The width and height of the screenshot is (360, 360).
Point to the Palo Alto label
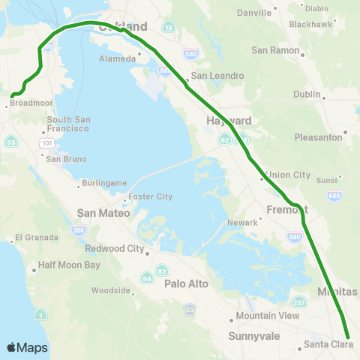[186, 283]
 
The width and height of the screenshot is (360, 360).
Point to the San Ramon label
[275, 51]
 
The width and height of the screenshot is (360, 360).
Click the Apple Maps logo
[27, 347]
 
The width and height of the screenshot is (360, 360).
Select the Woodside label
[111, 290]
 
